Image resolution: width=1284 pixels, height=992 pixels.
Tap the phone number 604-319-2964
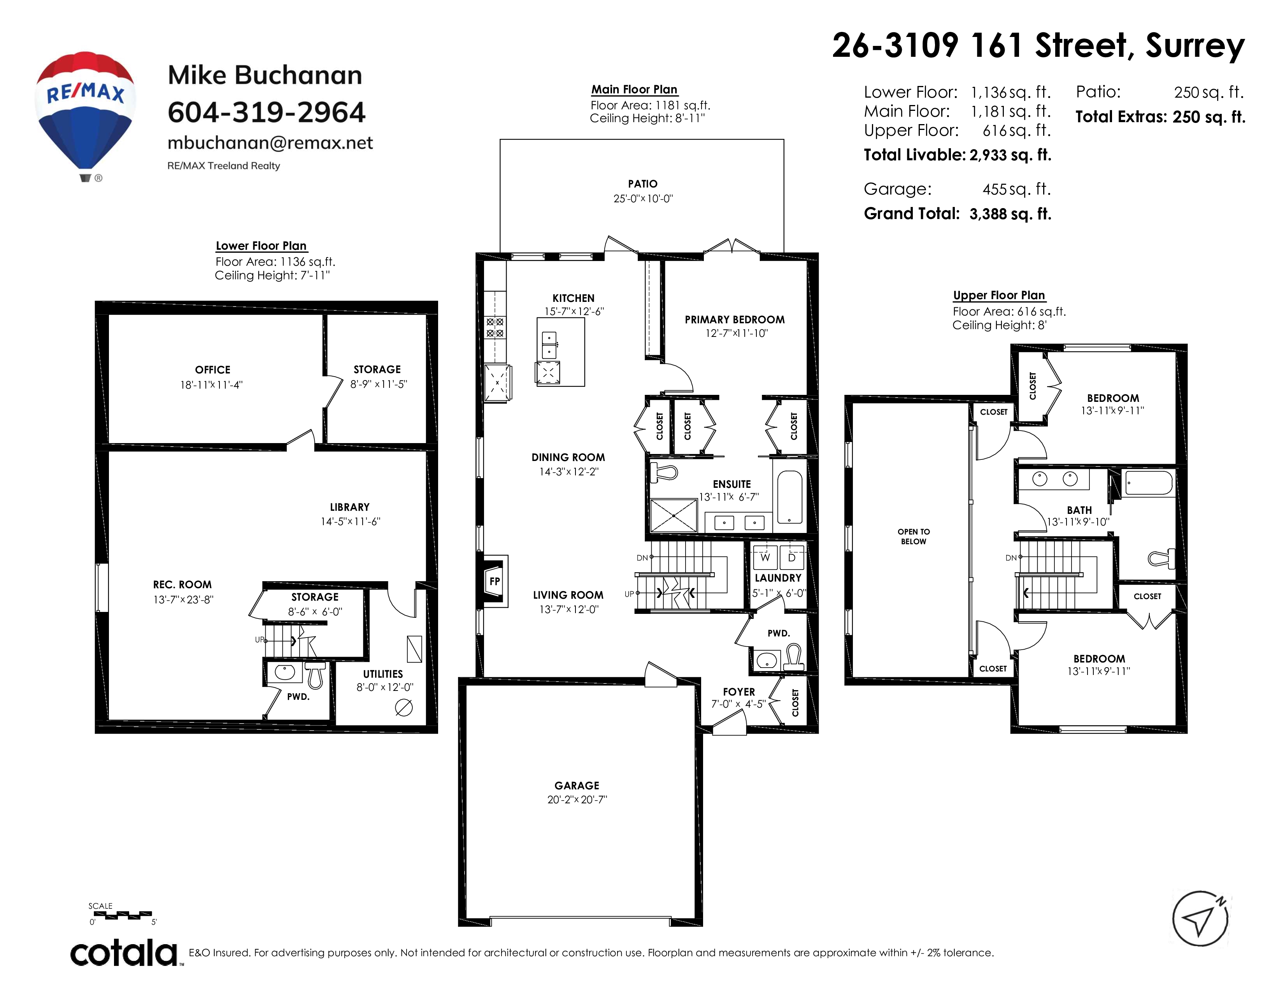click(x=266, y=112)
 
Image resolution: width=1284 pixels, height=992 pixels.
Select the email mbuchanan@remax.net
click(x=270, y=143)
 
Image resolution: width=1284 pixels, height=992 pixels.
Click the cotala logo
click(x=125, y=953)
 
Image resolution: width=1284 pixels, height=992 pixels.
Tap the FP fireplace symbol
click(x=495, y=581)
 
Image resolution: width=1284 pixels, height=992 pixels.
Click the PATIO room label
click(x=643, y=184)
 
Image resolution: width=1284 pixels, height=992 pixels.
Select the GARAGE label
click(x=577, y=786)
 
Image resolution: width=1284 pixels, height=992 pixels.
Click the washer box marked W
click(x=765, y=557)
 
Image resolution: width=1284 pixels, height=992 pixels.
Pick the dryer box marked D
click(x=791, y=557)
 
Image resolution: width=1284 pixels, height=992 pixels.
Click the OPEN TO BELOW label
click(x=914, y=536)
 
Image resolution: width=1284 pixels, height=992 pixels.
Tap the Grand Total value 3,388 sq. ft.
click(x=1010, y=214)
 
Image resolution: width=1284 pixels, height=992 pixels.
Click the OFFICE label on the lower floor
click(x=213, y=370)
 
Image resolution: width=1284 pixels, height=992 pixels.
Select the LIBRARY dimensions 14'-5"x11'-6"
click(x=351, y=521)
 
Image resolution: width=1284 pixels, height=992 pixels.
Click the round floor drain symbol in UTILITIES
click(x=404, y=708)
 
